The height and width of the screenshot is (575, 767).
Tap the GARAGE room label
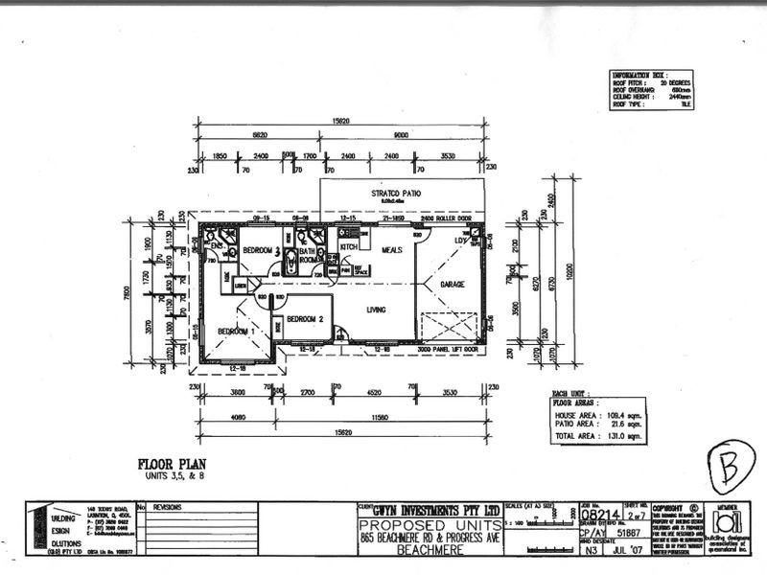click(452, 286)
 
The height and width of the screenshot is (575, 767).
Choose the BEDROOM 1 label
click(235, 331)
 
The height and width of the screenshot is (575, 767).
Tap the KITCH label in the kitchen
click(348, 247)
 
